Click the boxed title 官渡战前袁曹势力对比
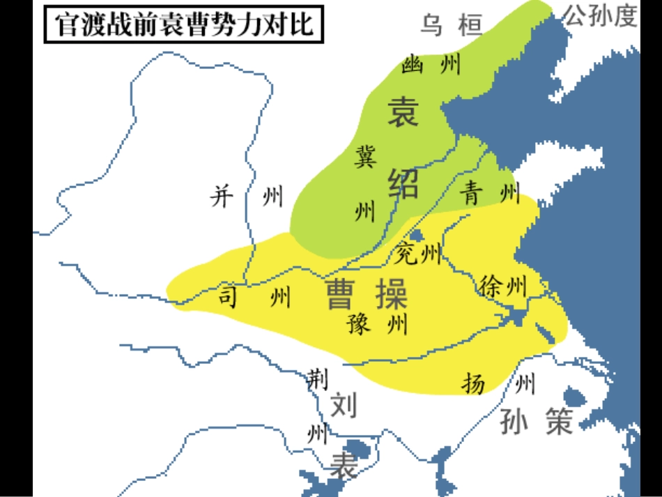[x=183, y=25]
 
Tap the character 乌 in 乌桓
[x=431, y=25]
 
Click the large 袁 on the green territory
[x=403, y=112]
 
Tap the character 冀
[x=364, y=155]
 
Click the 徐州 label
[x=503, y=286]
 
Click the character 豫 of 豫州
[x=359, y=324]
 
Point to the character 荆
[x=317, y=379]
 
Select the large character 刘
[x=343, y=404]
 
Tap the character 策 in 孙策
[x=559, y=421]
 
